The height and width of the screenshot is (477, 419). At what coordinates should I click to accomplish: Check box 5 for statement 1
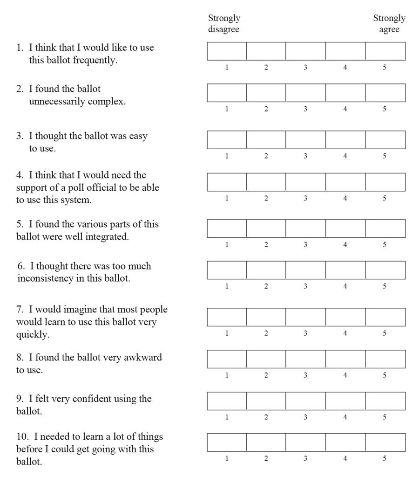click(385, 51)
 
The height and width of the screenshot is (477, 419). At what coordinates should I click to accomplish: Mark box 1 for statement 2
click(227, 93)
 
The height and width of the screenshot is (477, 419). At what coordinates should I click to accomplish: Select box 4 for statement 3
click(345, 140)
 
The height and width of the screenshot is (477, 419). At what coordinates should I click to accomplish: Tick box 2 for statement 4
click(266, 182)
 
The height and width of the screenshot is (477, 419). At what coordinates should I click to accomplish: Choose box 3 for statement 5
click(305, 228)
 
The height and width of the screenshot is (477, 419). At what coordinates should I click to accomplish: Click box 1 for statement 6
click(227, 270)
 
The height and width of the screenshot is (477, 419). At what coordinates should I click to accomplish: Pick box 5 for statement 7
click(385, 317)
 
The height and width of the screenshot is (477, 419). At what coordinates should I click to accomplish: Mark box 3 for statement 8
click(305, 359)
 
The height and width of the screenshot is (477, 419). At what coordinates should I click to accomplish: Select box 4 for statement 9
click(345, 401)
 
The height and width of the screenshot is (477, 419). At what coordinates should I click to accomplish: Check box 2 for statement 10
click(266, 442)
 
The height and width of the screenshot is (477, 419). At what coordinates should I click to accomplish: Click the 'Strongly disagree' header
click(223, 24)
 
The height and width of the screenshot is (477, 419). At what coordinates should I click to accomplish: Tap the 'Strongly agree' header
click(389, 24)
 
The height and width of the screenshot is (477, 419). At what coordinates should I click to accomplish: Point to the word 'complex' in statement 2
click(108, 102)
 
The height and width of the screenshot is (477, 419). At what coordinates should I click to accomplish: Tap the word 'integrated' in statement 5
click(107, 237)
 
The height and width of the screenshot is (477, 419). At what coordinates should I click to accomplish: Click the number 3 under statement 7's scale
click(305, 333)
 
